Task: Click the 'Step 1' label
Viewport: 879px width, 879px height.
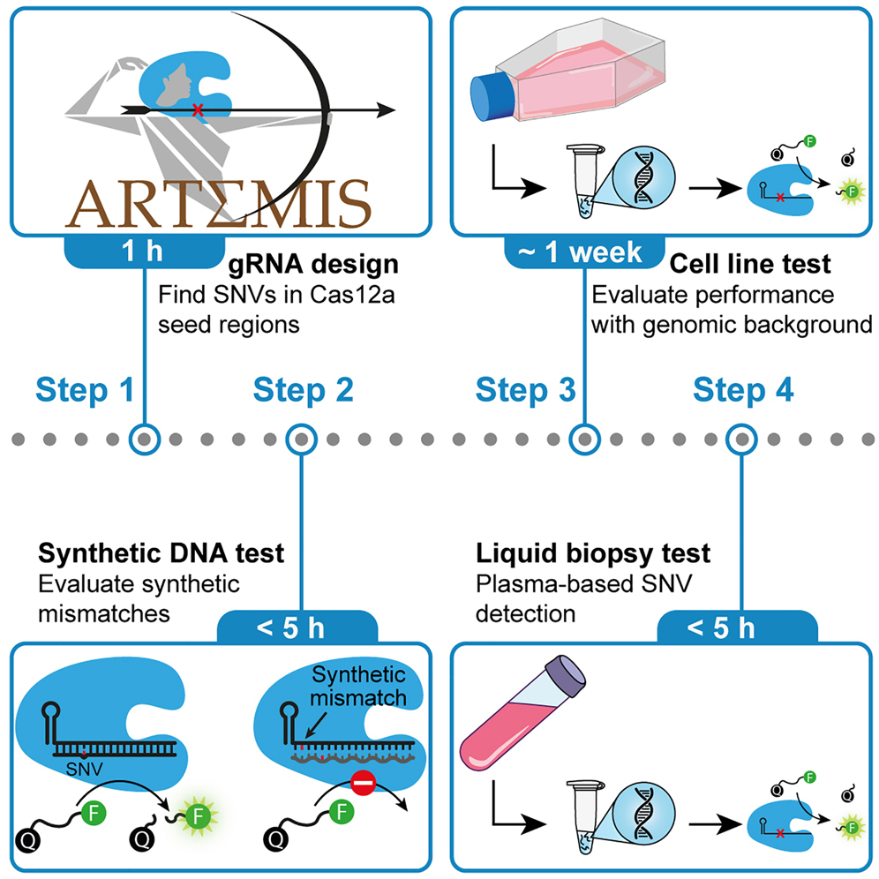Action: click(x=85, y=388)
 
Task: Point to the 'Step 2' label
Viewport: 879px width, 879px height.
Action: click(x=303, y=388)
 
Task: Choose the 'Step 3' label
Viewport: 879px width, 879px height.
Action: click(x=526, y=388)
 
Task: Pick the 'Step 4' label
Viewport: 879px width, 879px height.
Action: click(x=743, y=388)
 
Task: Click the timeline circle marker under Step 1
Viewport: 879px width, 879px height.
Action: click(x=144, y=437)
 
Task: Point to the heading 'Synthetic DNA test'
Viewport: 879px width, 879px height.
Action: click(x=161, y=553)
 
